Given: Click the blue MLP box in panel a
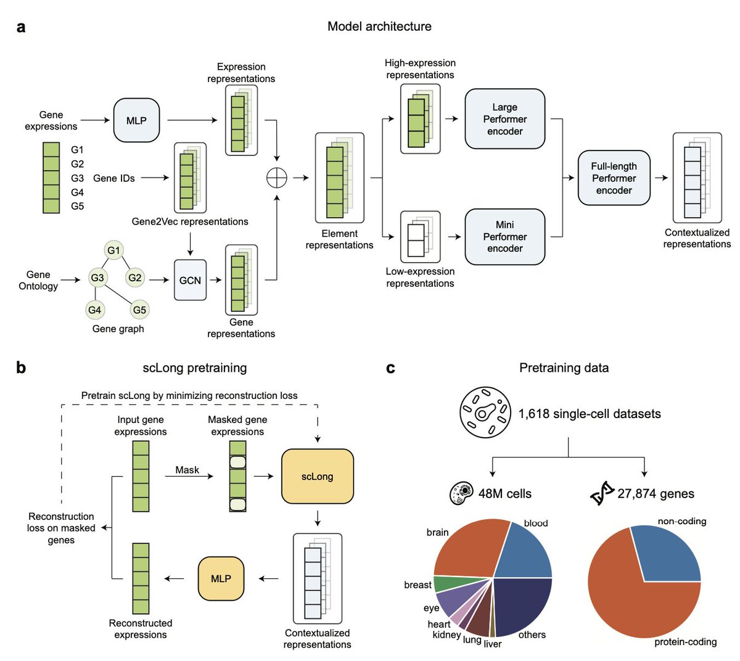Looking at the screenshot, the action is point(136,120).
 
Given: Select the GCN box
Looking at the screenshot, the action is point(190,280).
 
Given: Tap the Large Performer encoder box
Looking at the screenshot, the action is point(505,118).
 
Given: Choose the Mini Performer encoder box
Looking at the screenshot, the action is point(505,237).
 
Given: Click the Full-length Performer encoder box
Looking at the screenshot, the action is point(614,178).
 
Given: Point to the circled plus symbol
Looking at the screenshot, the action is point(277,178).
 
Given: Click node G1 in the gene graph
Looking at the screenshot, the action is point(113,250).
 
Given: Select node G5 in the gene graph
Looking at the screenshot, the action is point(139,310).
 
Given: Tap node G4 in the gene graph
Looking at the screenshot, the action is point(94,310).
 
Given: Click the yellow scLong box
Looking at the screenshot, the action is point(318,476).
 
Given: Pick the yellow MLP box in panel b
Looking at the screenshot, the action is point(221,578).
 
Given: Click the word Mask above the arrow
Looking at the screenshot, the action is point(187,470).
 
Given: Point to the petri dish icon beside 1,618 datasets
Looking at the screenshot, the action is point(485,413).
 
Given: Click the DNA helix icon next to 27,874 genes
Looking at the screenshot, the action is point(602,493).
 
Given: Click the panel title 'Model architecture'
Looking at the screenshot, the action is point(379,27).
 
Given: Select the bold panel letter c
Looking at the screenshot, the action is point(390,368).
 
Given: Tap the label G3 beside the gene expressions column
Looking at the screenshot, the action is point(78,178).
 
